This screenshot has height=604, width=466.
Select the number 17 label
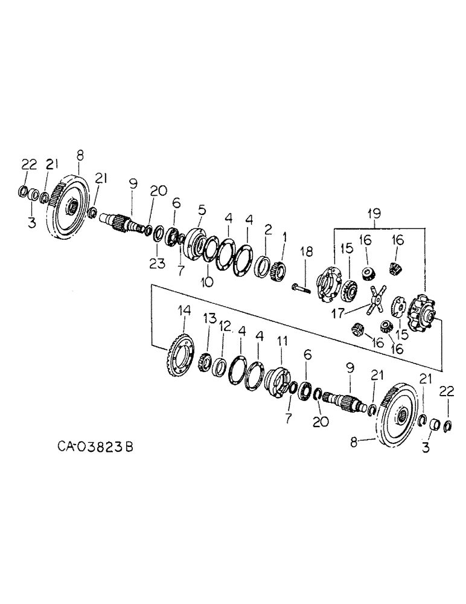click(339, 313)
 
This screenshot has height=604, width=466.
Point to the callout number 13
click(209, 318)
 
